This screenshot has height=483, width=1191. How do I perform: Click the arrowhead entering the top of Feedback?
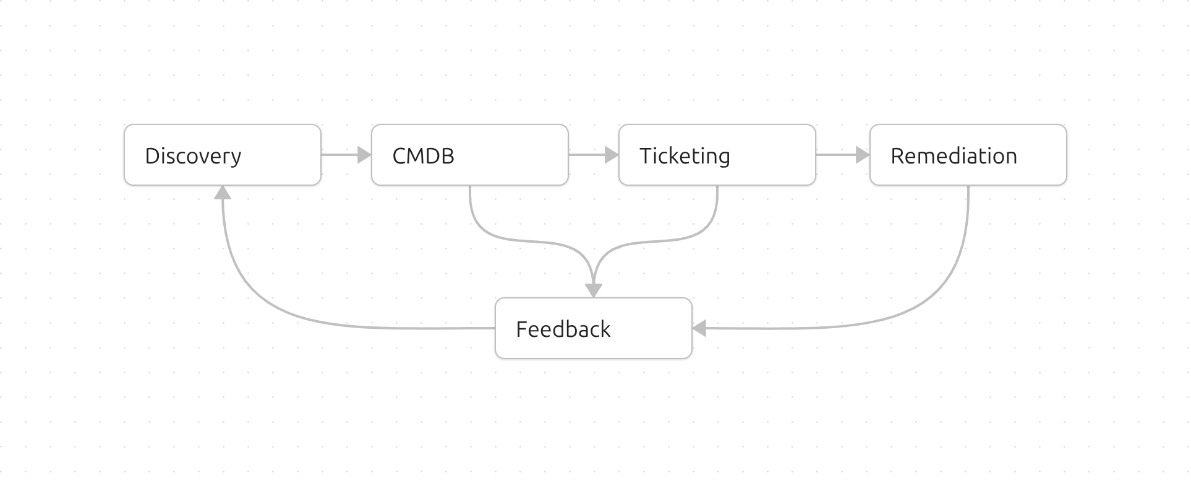(x=594, y=290)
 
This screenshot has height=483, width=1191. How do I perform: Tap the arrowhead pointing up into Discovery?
(x=223, y=193)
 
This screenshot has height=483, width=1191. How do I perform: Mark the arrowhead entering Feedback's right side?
(x=699, y=328)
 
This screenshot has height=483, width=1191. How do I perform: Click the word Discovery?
(x=193, y=156)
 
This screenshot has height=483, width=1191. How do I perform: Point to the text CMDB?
(x=423, y=156)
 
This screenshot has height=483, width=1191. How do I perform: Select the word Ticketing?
(x=685, y=156)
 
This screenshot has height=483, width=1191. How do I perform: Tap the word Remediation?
(x=954, y=156)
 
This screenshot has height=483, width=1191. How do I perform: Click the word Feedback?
(x=563, y=329)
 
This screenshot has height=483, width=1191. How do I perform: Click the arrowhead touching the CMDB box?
(x=364, y=155)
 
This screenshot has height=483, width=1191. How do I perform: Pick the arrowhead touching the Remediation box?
(x=863, y=155)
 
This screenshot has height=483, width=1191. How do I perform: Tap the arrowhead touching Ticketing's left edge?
(x=612, y=155)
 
